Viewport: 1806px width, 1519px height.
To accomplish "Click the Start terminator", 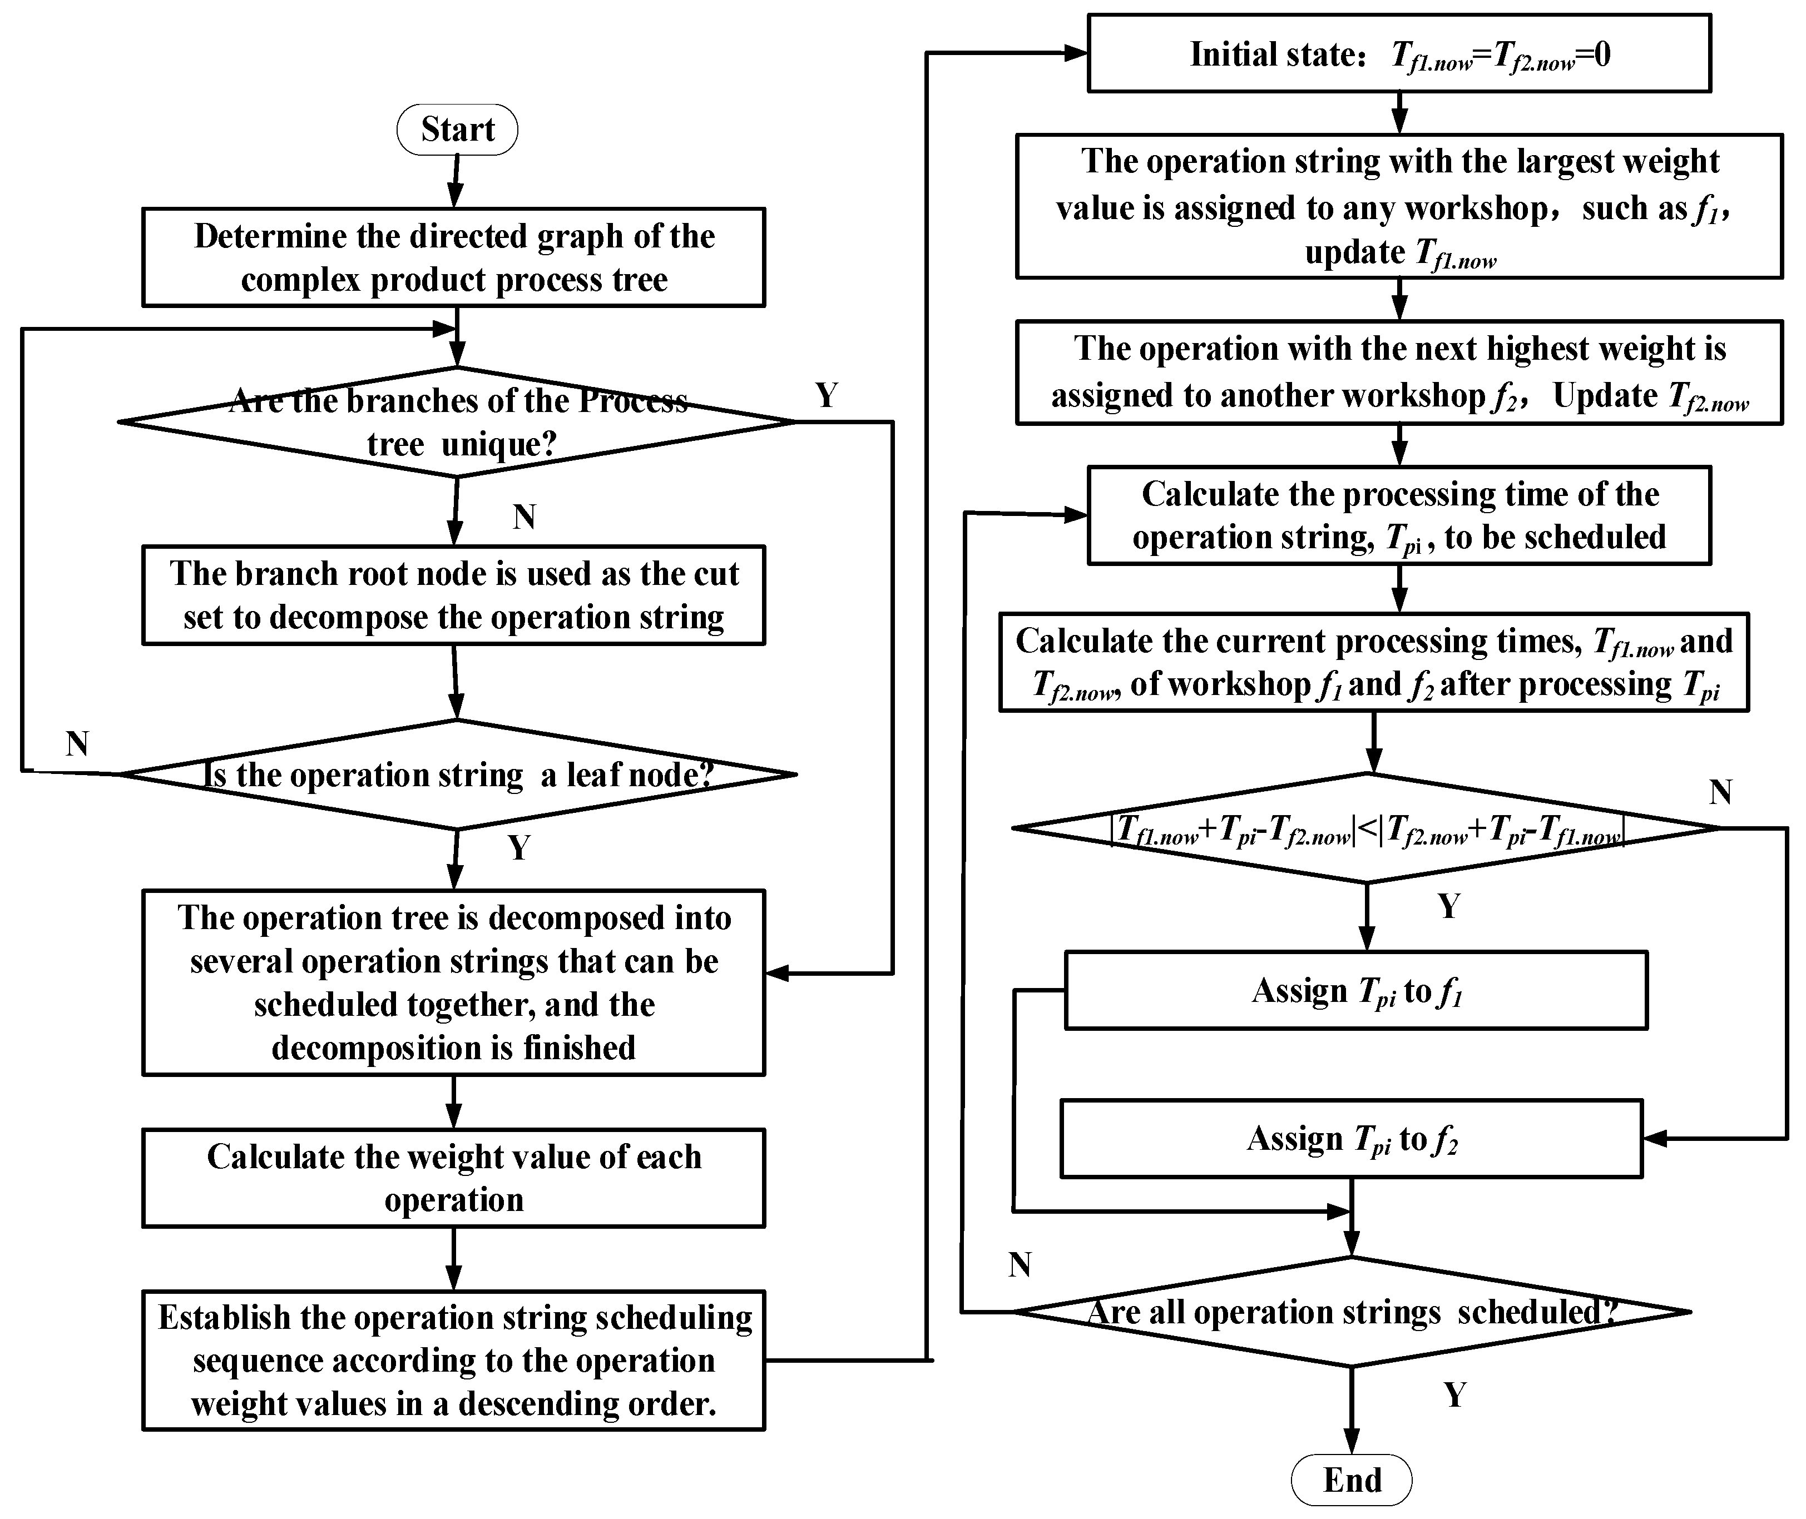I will click(457, 129).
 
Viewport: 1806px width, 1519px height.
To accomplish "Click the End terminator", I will click(1351, 1480).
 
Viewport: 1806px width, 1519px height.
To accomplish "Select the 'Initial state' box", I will click(1399, 53).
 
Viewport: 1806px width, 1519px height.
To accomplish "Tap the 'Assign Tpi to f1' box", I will click(1355, 990).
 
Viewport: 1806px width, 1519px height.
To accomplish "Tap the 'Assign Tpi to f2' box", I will click(1351, 1138).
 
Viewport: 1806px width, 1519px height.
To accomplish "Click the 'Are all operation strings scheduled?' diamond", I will click(1351, 1312).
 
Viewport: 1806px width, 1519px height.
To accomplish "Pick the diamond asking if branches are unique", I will click(457, 422).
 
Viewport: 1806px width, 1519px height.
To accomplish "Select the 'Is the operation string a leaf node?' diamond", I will click(457, 774).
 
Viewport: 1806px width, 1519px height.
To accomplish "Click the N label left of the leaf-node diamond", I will click(77, 742).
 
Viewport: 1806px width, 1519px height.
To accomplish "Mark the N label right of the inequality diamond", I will click(1720, 791).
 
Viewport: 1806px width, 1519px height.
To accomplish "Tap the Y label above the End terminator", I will click(1454, 1394).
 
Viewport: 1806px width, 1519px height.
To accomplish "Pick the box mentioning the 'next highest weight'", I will click(1399, 372).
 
